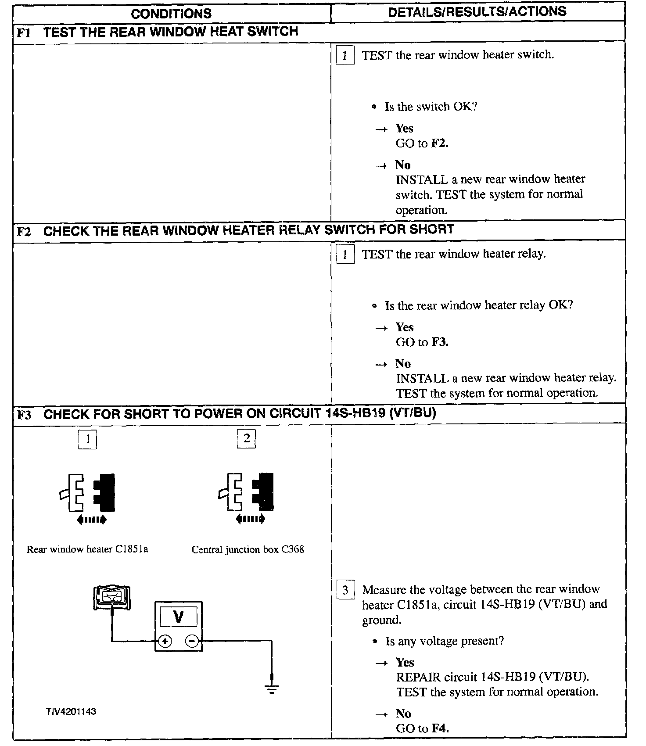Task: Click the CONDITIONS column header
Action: [x=171, y=13]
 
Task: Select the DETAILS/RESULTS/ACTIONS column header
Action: [x=477, y=11]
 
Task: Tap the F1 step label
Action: [x=24, y=33]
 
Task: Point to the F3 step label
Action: [x=24, y=415]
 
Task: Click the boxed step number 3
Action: [x=345, y=590]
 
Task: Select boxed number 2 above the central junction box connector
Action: [x=247, y=438]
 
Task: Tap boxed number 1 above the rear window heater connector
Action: [x=88, y=439]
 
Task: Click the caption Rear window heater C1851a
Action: [x=87, y=549]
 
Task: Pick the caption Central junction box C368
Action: [x=248, y=549]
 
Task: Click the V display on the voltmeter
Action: [x=178, y=617]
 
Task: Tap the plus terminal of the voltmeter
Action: [x=165, y=642]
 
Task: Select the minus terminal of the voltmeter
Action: [x=192, y=641]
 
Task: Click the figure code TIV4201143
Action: [x=71, y=711]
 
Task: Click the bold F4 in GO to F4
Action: [x=440, y=728]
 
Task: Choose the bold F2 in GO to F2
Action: [x=440, y=143]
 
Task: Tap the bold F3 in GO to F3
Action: [x=440, y=342]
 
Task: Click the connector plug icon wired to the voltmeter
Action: [x=112, y=598]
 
